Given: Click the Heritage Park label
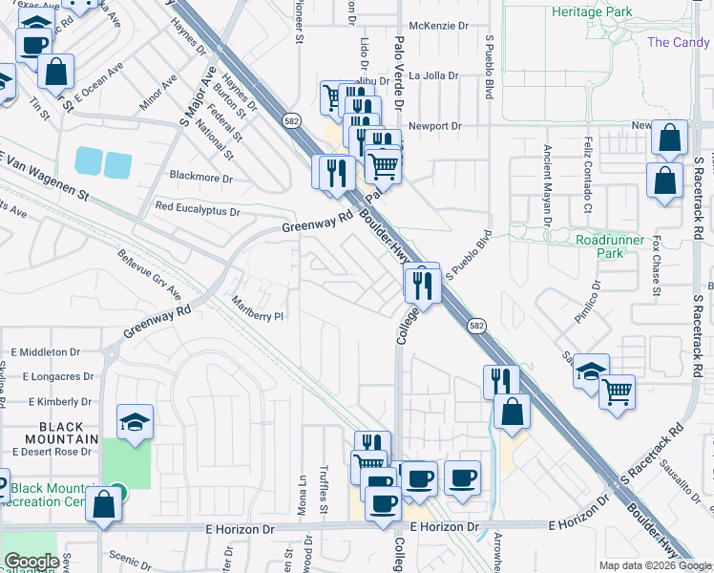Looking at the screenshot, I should click(x=592, y=11).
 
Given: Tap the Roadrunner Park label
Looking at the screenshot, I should click(x=610, y=246).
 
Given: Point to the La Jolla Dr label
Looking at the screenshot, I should click(x=434, y=75).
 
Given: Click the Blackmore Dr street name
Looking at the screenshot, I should click(x=200, y=178).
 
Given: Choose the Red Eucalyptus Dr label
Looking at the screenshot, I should click(x=198, y=207).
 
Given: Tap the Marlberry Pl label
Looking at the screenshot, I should click(x=258, y=308).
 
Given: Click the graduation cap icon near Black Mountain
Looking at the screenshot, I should click(x=136, y=422).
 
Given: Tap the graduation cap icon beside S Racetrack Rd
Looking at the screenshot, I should click(x=592, y=371).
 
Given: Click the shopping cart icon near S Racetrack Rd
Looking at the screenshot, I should click(x=618, y=392).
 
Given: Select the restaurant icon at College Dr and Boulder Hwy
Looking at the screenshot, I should click(x=421, y=284).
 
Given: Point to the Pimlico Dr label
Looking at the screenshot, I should click(x=596, y=304).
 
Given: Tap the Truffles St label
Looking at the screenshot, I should click(x=323, y=492).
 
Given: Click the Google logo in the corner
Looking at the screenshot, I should click(x=31, y=562).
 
